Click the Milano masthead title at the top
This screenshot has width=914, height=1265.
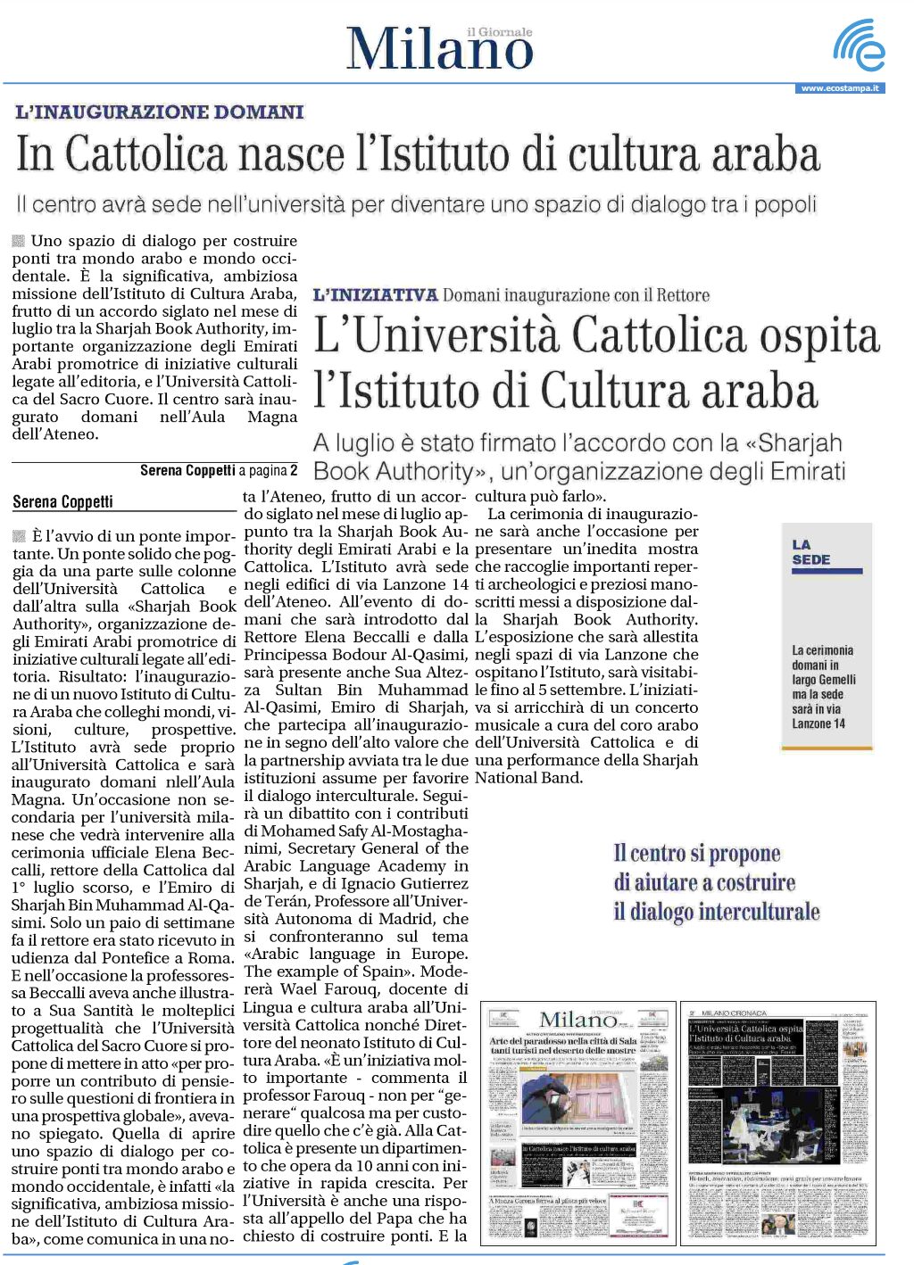tap(439, 50)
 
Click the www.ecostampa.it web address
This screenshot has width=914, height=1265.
tap(839, 88)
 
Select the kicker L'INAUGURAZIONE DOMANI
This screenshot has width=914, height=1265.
tap(160, 112)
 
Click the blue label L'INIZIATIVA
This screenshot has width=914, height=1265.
tap(375, 295)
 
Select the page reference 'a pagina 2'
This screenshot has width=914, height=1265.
tap(268, 470)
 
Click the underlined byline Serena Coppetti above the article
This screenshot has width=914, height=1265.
tap(62, 501)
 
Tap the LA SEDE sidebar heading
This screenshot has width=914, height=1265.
tap(811, 552)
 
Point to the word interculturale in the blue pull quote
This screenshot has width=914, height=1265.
tap(759, 912)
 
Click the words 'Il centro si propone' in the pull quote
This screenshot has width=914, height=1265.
tap(696, 854)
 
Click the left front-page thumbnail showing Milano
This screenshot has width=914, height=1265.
tap(577, 1123)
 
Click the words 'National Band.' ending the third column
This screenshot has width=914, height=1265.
tap(528, 778)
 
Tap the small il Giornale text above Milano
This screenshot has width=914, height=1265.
tap(499, 32)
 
